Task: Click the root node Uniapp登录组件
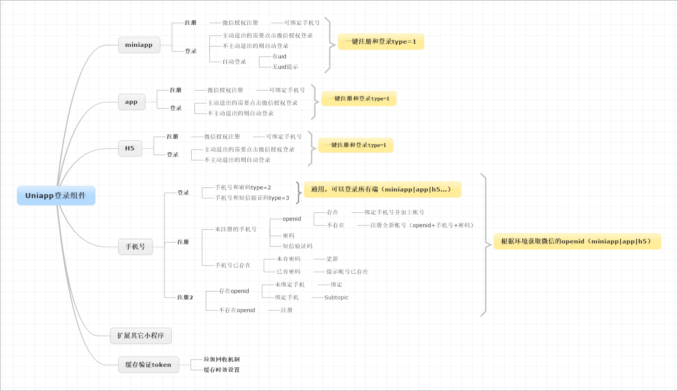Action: (x=56, y=196)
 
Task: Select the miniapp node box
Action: (x=139, y=45)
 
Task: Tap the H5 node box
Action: (x=130, y=148)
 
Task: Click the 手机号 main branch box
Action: (x=135, y=247)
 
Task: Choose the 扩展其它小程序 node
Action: (x=141, y=336)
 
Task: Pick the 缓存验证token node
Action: (x=148, y=365)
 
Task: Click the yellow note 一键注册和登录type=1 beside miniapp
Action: (x=381, y=42)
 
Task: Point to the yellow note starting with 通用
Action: (x=382, y=189)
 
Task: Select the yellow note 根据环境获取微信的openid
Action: (x=577, y=241)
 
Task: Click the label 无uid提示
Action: (x=285, y=67)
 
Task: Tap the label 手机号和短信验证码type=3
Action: (x=252, y=198)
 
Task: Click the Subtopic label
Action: (x=336, y=298)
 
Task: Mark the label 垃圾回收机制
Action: (x=221, y=360)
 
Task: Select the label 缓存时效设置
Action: (x=221, y=370)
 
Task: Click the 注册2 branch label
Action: (x=185, y=298)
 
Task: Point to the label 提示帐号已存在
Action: (x=347, y=272)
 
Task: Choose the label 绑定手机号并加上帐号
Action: (x=394, y=212)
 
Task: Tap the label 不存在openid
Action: (x=237, y=310)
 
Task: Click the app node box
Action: (x=131, y=102)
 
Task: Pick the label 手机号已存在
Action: (x=233, y=265)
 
